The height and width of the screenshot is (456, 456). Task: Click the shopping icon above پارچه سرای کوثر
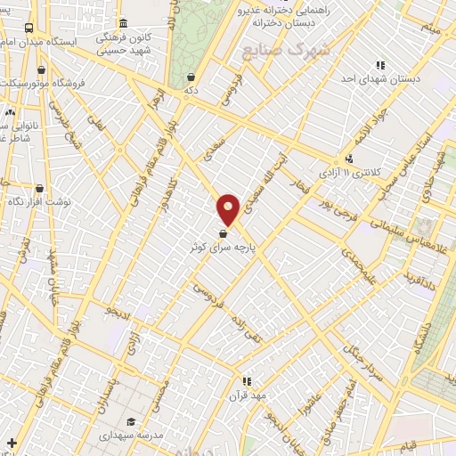pos(222,234)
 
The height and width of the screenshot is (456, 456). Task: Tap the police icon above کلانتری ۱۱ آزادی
pos(348,159)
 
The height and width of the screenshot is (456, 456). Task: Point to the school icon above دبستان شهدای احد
pos(381,65)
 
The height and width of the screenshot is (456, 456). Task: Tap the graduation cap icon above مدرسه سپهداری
pos(131,422)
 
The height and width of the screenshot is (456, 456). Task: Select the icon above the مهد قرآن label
pos(247,380)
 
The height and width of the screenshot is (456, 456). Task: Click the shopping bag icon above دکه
pos(191,77)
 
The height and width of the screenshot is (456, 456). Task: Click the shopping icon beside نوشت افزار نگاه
pos(39,189)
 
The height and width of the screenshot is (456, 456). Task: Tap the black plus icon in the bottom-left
pos(12,442)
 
